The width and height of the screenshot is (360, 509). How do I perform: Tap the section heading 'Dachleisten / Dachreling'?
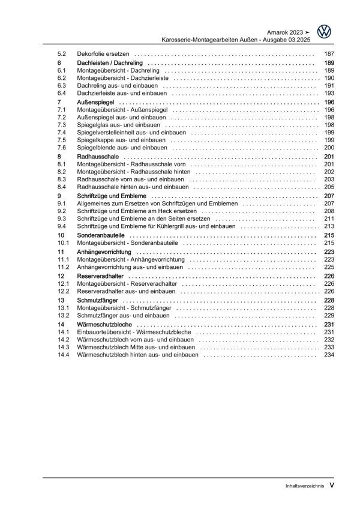pyautogui.click(x=111, y=62)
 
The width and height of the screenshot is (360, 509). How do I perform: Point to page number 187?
pyautogui.click(x=328, y=54)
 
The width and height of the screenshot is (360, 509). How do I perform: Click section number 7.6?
pyautogui.click(x=62, y=148)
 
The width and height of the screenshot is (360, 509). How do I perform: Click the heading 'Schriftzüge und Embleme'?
pyautogui.click(x=112, y=196)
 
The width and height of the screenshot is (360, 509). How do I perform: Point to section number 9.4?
pyautogui.click(x=62, y=226)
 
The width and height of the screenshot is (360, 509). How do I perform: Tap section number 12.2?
pyautogui.click(x=64, y=291)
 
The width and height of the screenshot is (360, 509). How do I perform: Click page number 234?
pyautogui.click(x=328, y=355)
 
